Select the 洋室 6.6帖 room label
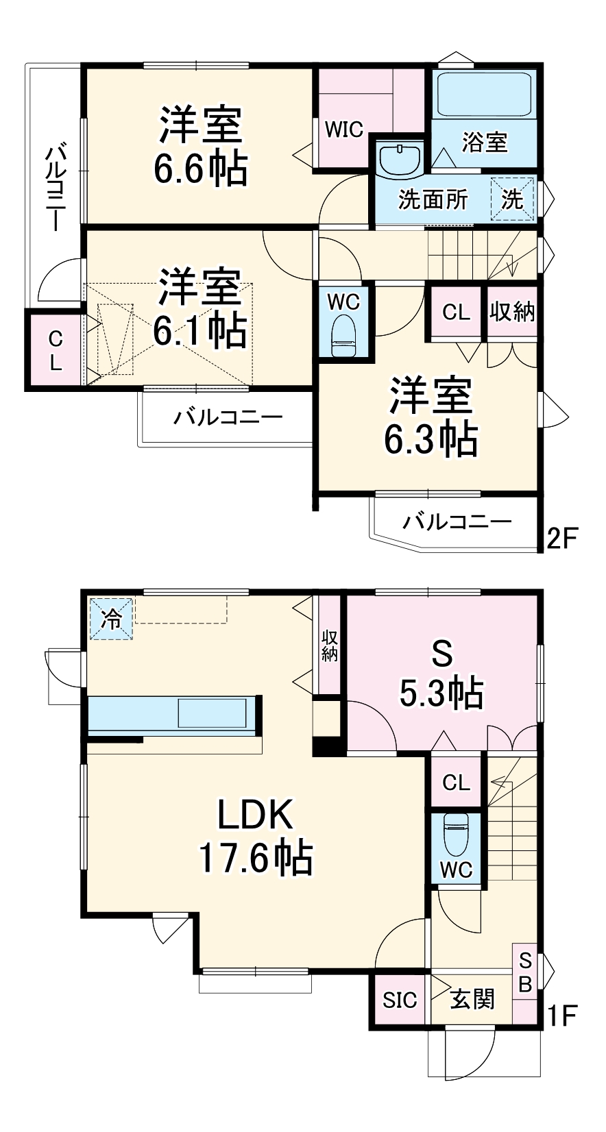point(200,146)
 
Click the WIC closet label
point(343,129)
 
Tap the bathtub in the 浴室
point(484,94)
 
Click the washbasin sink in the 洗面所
point(400,159)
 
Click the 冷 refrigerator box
point(111,619)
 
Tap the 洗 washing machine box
point(512,199)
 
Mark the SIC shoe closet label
point(400,1000)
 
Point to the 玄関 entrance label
point(472,999)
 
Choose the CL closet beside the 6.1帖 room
point(55,350)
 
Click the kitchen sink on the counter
point(212,713)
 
